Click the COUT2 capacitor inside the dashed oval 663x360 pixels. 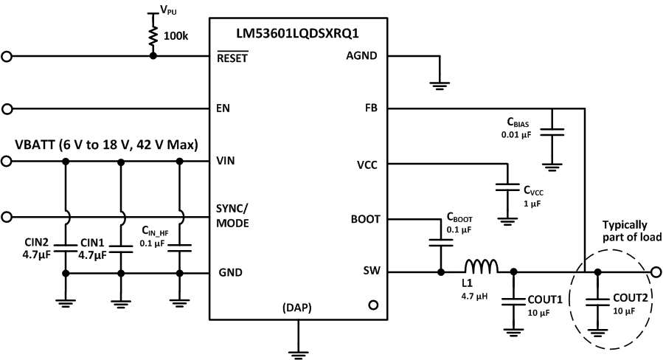[x=597, y=300]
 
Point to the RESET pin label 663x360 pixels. [x=233, y=56]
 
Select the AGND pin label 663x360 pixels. [x=361, y=56]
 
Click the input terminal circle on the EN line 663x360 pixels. [x=7, y=110]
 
